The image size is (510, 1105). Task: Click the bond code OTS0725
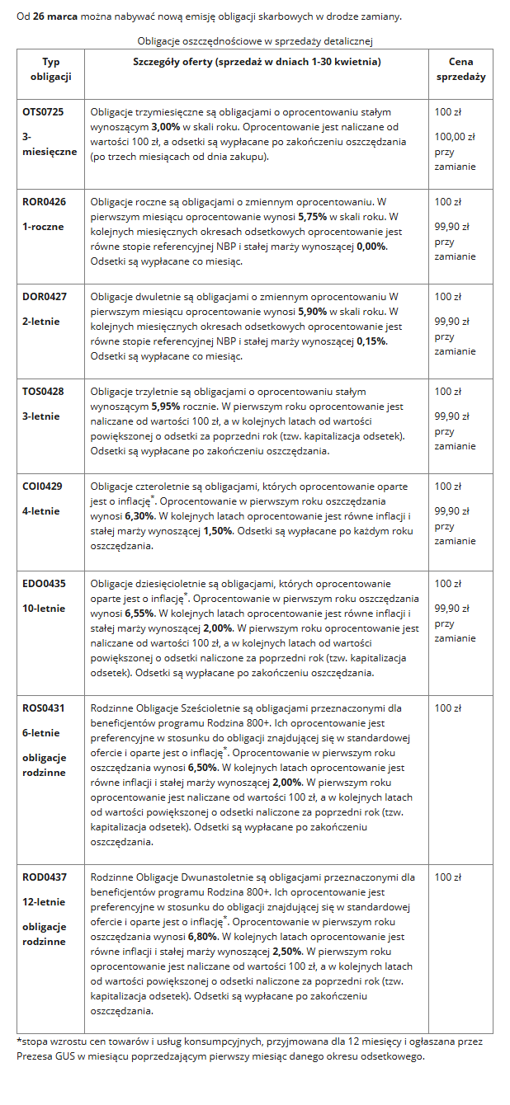coord(43,111)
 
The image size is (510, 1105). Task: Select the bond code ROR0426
coord(44,201)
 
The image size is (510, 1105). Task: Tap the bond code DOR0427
coord(44,296)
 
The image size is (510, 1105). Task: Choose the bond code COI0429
coord(43,486)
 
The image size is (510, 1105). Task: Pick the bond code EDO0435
coord(44,583)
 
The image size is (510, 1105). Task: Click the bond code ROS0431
coord(43,708)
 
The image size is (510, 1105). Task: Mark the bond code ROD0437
coord(45,877)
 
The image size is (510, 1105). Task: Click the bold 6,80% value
coord(203,936)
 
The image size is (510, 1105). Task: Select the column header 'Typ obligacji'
coord(50,69)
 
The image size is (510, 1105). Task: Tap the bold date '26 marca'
coord(56,16)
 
